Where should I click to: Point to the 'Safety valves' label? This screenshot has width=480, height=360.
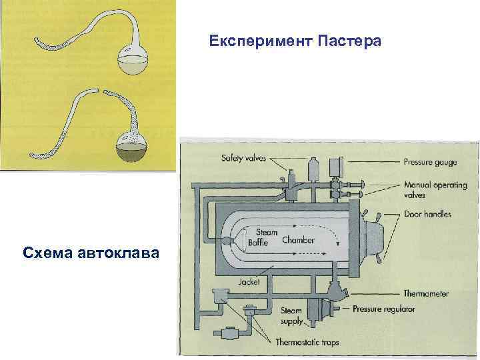(x=244, y=159)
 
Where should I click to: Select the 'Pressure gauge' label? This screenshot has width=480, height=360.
(x=429, y=161)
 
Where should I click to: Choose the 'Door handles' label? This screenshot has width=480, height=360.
(x=427, y=214)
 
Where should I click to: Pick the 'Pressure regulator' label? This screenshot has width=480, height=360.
(x=384, y=309)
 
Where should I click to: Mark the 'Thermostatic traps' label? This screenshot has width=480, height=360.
(x=307, y=343)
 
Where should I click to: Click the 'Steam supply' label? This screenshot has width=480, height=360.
(x=290, y=315)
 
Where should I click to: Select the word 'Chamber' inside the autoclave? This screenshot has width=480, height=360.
(x=298, y=239)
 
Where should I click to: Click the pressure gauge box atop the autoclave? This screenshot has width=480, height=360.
(x=335, y=166)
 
